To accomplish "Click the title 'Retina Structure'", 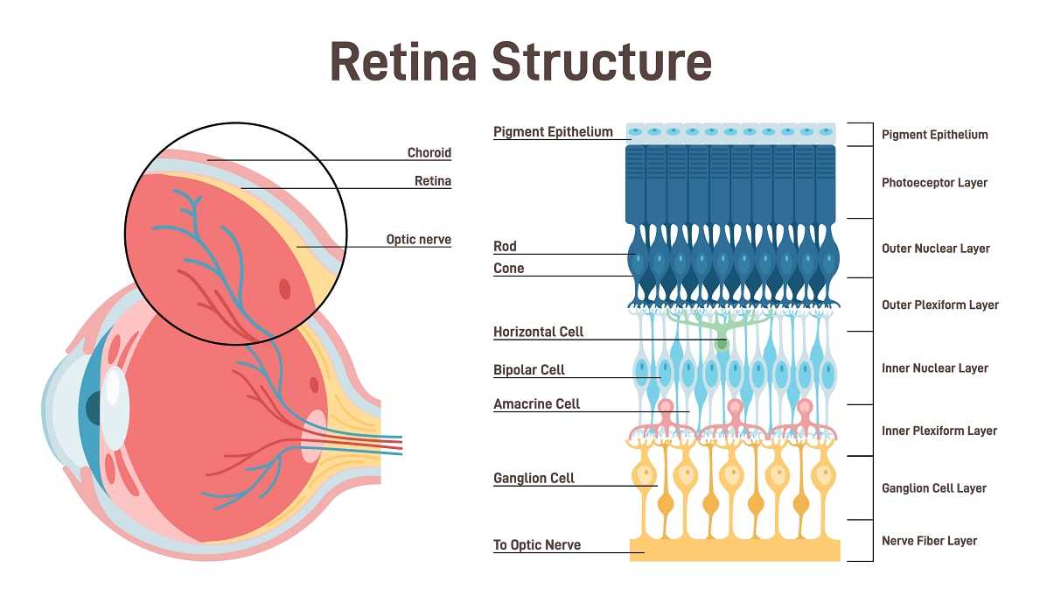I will tap(520, 62).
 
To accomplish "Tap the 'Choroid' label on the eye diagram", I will tap(429, 153).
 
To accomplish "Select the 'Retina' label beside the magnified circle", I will tap(432, 181).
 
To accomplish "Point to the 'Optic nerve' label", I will tap(418, 239).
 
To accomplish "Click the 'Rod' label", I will tap(505, 247).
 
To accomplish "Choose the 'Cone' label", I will tap(508, 269).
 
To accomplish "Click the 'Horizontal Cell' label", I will tap(538, 332).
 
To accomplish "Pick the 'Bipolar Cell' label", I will tap(528, 370).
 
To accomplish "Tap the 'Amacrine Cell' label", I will tap(536, 404).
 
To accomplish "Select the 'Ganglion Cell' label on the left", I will tap(534, 478).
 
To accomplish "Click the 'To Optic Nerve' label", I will tap(536, 545).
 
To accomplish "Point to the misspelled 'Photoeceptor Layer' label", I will tap(934, 183).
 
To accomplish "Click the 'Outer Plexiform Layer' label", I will tap(939, 305).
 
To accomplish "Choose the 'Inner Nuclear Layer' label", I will tap(934, 368).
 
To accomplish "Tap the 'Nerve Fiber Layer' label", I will tap(929, 541).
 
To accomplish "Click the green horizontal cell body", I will tap(722, 343).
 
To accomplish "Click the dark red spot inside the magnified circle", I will tap(285, 289).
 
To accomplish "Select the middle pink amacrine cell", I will tap(736, 410).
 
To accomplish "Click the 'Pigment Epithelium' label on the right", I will tap(934, 135).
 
